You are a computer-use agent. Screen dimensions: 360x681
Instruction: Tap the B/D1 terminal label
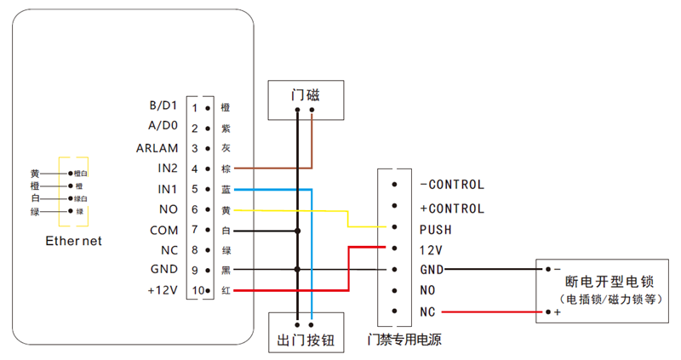[162, 106]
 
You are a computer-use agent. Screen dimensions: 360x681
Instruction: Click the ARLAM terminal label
[157, 147]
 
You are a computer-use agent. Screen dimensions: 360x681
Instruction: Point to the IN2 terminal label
[167, 168]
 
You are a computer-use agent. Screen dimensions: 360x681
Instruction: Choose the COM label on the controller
[163, 230]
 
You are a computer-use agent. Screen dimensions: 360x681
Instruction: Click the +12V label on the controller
[161, 290]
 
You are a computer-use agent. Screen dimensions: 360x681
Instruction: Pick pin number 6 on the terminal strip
[195, 209]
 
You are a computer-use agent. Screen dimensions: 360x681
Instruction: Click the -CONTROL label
[451, 185]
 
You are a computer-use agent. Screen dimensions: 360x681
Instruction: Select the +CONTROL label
[451, 209]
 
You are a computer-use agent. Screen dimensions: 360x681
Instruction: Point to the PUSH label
[435, 230]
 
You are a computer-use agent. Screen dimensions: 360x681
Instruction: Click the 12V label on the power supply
[431, 250]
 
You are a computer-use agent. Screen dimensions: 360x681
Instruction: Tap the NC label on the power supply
[427, 312]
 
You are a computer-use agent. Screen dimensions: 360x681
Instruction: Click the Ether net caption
[73, 241]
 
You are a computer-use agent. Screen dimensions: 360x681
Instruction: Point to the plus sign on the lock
[558, 313]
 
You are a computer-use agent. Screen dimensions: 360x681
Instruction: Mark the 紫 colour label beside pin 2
[225, 129]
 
